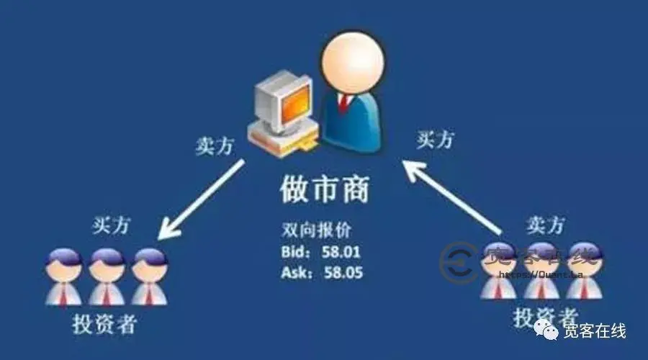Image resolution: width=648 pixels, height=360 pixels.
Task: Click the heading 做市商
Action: point(324,189)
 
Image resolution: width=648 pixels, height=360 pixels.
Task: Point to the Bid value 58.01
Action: point(343,253)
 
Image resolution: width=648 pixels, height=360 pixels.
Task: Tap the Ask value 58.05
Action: point(344,274)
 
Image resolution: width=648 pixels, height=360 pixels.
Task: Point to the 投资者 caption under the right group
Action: point(545,317)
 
